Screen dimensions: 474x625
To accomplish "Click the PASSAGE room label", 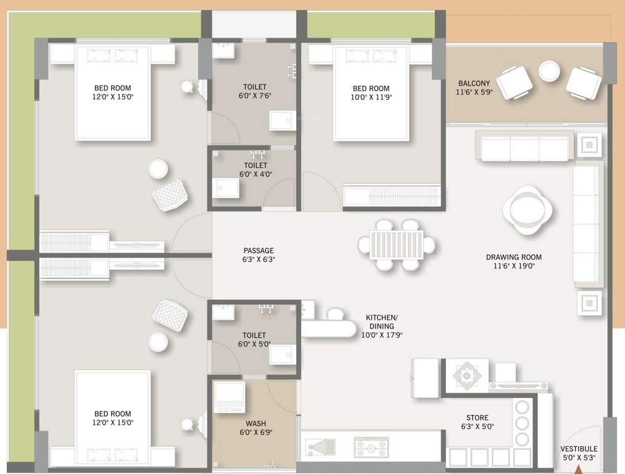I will click(x=259, y=251).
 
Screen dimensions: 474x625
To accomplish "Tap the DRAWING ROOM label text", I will click(x=513, y=257).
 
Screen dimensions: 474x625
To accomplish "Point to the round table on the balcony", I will click(x=548, y=71).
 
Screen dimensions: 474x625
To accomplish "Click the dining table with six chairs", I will click(x=397, y=245).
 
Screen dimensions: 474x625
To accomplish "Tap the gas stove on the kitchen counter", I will click(x=371, y=447).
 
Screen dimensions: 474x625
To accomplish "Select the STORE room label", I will click(x=478, y=418).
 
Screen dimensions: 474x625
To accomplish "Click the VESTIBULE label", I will click(x=579, y=449).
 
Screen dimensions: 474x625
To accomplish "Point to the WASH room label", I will click(x=255, y=423).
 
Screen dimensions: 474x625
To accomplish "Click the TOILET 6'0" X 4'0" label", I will click(x=255, y=170).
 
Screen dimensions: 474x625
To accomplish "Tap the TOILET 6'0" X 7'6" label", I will click(x=255, y=91).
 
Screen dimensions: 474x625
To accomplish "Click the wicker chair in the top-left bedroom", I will click(x=170, y=195).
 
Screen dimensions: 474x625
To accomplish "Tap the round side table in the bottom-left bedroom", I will click(x=158, y=341).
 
